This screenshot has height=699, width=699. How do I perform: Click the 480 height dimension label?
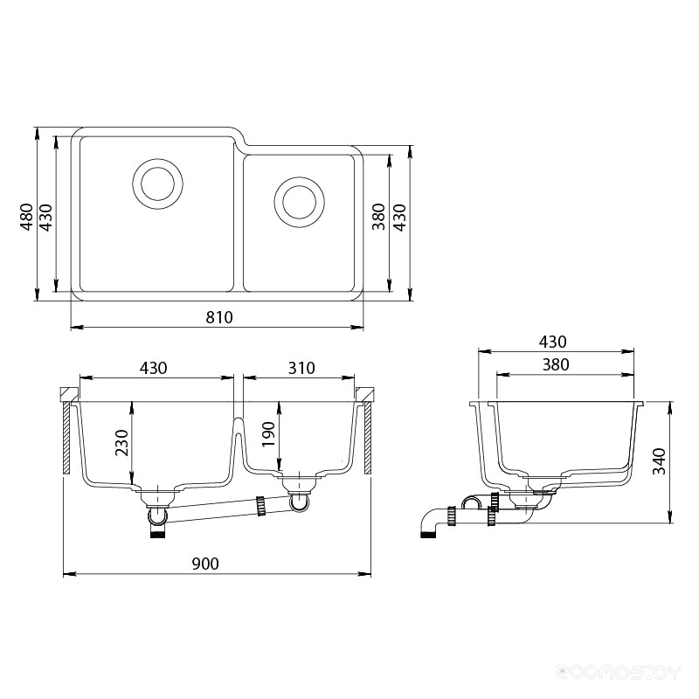coord(27,217)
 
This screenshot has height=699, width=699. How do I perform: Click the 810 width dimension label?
coord(219,317)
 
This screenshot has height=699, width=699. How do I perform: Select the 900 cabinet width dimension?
coord(205,564)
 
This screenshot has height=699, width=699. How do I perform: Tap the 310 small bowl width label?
coord(301,368)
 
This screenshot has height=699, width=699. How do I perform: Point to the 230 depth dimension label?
coord(121,443)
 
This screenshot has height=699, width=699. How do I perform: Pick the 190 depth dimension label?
coord(269,434)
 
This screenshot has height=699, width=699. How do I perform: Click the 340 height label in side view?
coord(659,461)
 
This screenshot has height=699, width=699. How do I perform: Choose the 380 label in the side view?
coord(556,365)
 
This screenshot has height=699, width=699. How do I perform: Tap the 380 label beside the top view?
coord(378,217)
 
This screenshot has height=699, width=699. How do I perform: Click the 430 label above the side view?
coord(553,342)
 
